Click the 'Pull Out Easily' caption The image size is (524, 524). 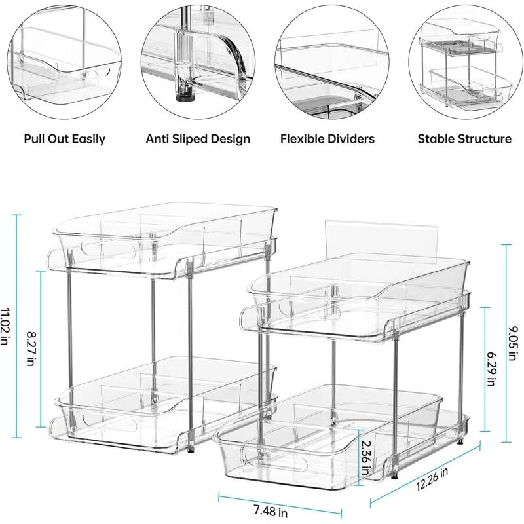[64, 139]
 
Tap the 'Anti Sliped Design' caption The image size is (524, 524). [198, 139]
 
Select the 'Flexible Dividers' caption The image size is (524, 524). [327, 139]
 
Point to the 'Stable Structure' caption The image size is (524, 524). [464, 139]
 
